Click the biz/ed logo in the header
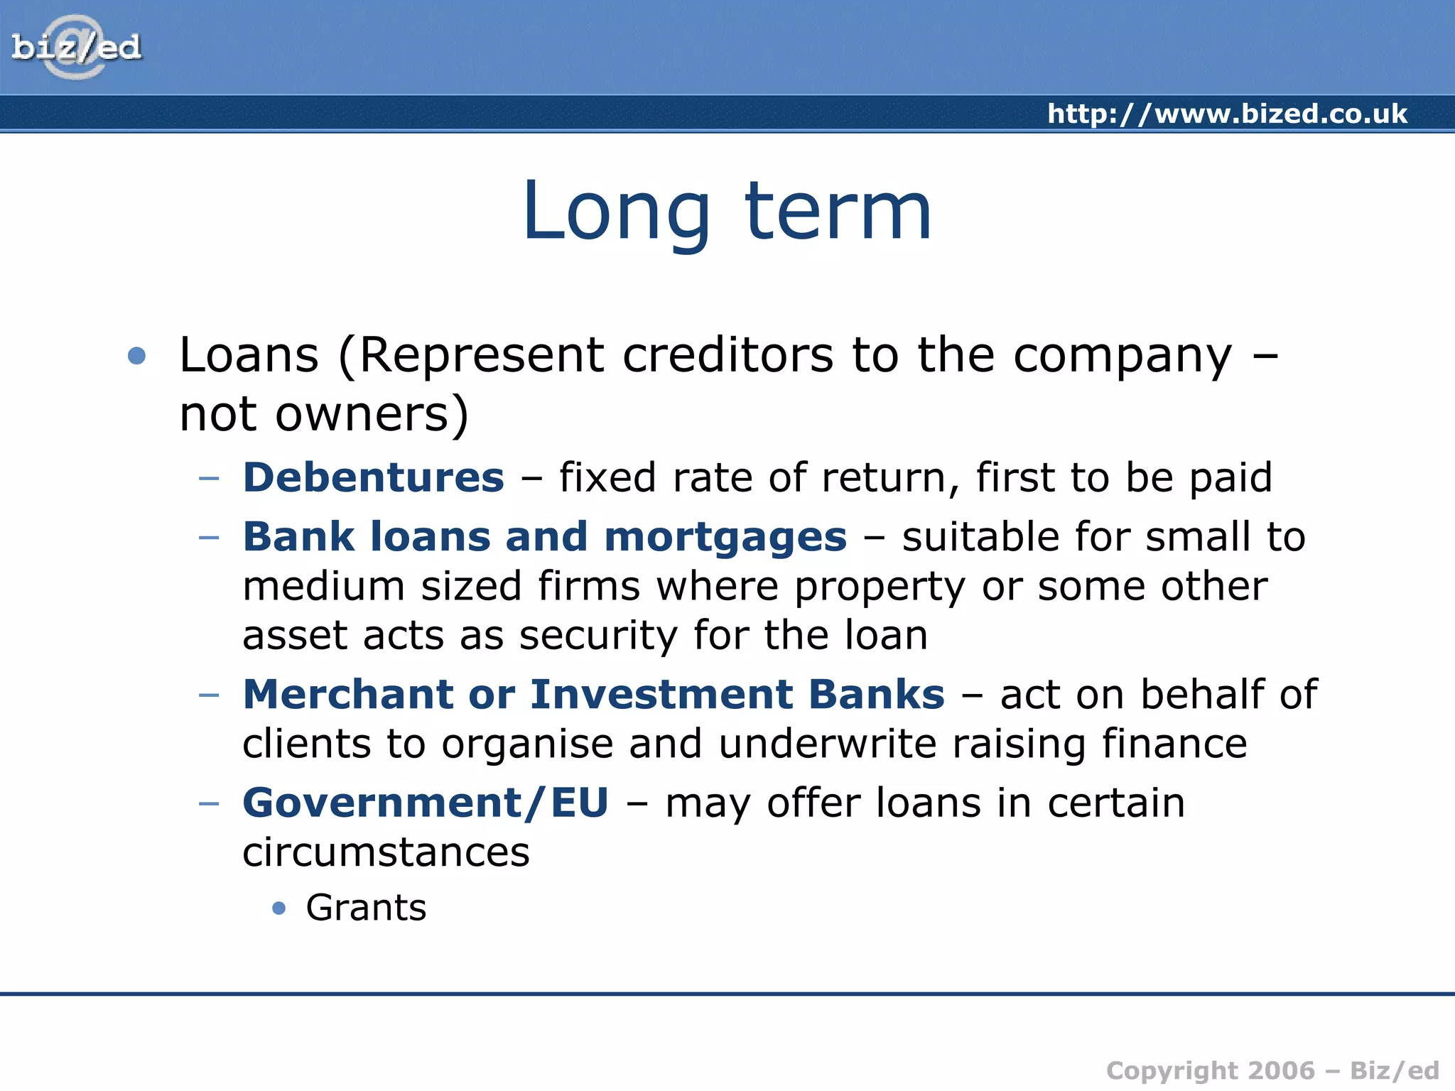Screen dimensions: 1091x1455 tap(76, 48)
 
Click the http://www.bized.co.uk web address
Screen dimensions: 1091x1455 tap(1227, 114)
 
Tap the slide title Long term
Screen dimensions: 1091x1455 tap(727, 211)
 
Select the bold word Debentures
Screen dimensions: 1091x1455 tap(374, 477)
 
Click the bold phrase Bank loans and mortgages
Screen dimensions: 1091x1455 tap(545, 536)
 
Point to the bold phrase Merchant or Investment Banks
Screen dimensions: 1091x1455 tap(594, 694)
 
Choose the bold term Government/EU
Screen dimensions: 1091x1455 tap(426, 803)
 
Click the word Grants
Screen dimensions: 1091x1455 tap(366, 908)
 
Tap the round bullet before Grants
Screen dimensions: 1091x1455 tap(279, 908)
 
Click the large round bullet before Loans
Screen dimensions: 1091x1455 tap(136, 355)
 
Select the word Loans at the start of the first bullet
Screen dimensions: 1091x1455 tap(249, 355)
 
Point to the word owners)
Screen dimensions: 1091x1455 tap(372, 414)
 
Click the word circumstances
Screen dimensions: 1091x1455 tap(386, 852)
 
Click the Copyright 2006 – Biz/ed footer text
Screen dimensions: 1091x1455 tap(1272, 1070)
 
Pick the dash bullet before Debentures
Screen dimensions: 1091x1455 tap(209, 478)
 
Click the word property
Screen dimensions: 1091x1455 tap(880, 587)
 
